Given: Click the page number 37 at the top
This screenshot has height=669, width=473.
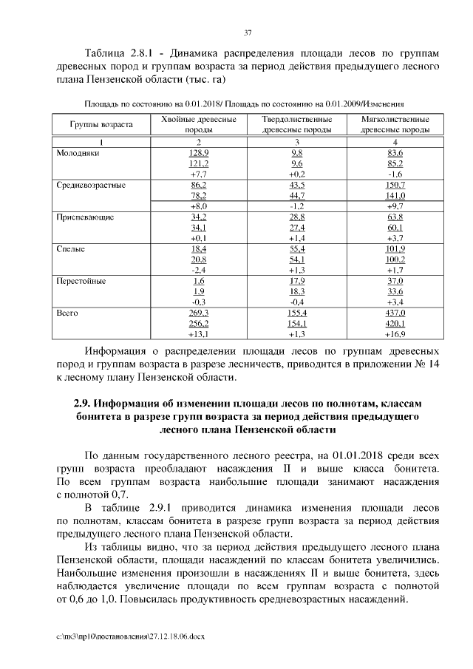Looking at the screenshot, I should point(248,32).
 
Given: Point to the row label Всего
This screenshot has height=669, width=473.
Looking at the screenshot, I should point(67,313).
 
